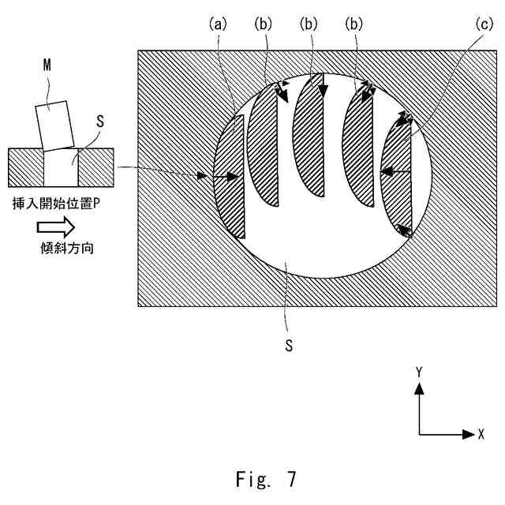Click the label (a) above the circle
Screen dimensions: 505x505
[217, 25]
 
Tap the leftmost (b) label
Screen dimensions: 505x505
[263, 25]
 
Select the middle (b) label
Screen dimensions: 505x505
[309, 25]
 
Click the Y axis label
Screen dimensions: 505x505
[420, 370]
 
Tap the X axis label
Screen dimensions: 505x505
[481, 435]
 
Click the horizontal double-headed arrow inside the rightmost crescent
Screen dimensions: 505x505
[396, 170]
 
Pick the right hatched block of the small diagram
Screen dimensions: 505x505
[96, 168]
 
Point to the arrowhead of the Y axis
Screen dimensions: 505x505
[420, 388]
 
